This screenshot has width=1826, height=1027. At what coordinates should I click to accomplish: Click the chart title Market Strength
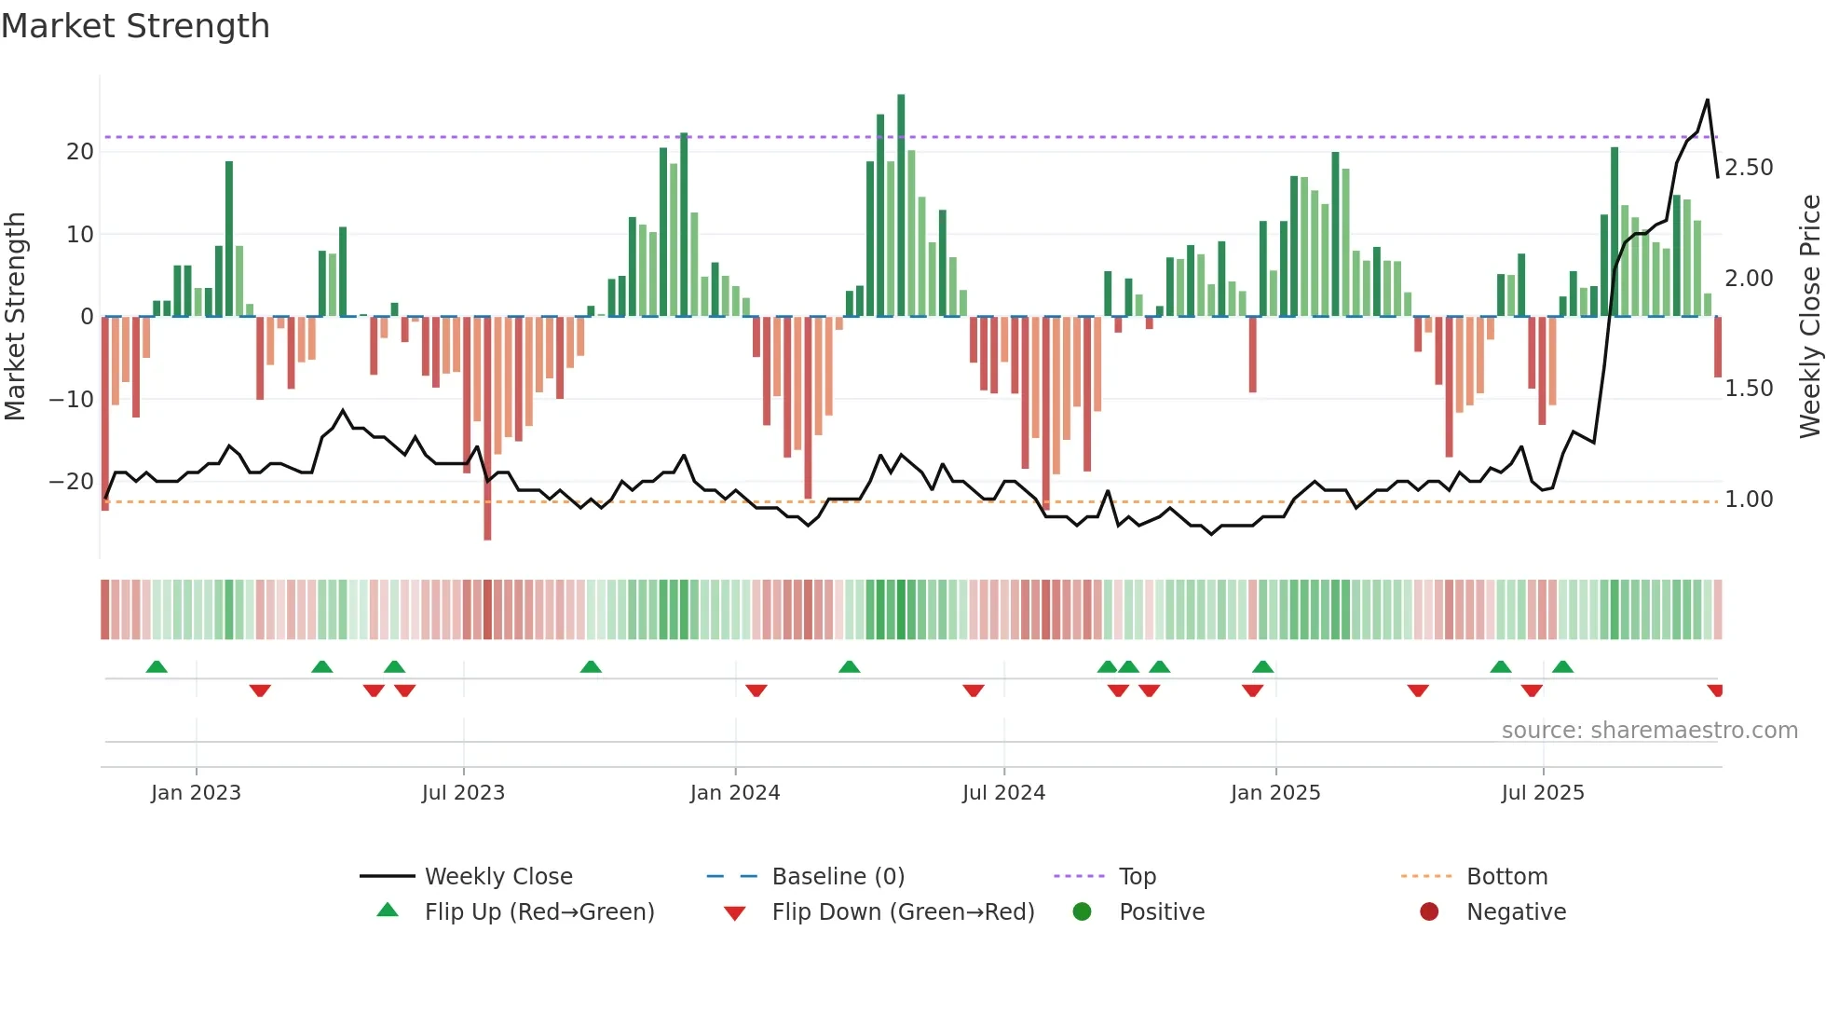[135, 26]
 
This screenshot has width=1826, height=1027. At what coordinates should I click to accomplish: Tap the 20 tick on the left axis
[80, 152]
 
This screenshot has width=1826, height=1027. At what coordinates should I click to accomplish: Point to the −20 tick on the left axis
[72, 482]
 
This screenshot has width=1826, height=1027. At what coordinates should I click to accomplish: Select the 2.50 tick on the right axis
[1749, 168]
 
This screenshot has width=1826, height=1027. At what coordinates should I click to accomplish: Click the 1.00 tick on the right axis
[1749, 500]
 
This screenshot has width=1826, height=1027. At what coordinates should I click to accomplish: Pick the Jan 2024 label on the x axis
[735, 793]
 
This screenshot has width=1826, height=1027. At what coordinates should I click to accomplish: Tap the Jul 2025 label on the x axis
[1543, 793]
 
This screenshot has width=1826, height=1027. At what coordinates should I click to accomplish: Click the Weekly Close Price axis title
[1809, 316]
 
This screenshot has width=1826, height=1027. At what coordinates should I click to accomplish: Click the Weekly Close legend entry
[497, 877]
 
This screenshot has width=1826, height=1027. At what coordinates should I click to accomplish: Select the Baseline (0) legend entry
[838, 877]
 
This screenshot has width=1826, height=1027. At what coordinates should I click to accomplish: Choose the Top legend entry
[1137, 877]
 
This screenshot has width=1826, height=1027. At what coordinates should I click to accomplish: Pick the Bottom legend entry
[1506, 877]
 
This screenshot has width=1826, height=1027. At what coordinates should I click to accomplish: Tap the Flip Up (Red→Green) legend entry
[538, 912]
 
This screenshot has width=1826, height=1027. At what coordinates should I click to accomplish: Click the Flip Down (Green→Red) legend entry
[902, 912]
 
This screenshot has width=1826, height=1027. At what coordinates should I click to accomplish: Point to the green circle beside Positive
[1082, 912]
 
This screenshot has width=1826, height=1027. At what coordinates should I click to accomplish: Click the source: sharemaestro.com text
[1649, 731]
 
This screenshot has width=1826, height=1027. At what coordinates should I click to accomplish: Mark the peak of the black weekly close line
[1708, 100]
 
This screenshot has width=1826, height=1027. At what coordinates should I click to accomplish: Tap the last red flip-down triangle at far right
[1715, 691]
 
